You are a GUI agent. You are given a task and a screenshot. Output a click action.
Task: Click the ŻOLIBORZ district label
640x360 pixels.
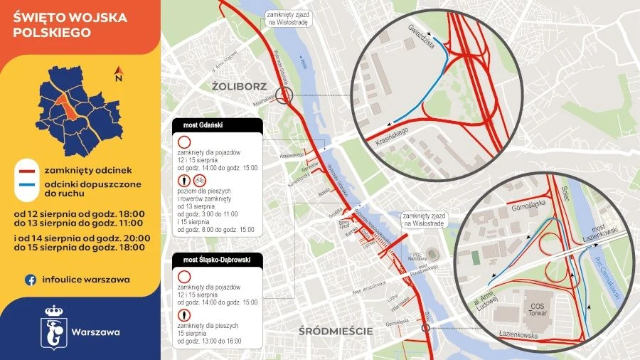[x=239, y=87]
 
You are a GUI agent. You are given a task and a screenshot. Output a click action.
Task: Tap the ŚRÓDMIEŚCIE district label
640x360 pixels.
[x=336, y=331]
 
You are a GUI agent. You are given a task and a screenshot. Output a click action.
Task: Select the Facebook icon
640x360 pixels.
[x=31, y=280]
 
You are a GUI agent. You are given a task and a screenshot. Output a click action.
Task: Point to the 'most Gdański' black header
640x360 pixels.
[x=218, y=125]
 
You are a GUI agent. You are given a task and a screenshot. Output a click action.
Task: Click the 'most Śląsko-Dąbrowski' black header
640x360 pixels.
[x=218, y=259]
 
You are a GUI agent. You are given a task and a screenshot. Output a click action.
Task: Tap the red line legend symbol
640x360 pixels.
[x=28, y=171]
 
